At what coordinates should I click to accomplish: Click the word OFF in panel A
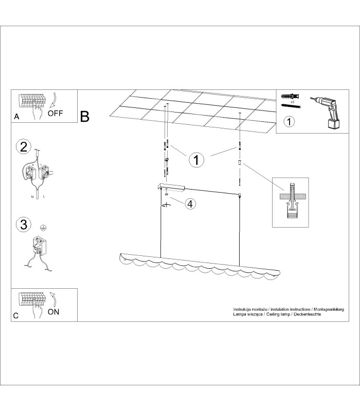point(55,113)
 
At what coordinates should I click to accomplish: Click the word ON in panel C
point(53,312)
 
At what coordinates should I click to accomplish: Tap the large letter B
point(85,117)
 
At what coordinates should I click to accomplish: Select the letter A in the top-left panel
point(16,117)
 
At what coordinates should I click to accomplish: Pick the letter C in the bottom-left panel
point(16,315)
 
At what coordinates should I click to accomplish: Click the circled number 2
point(24,147)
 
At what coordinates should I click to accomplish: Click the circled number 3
point(24,225)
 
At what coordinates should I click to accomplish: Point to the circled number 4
point(190,203)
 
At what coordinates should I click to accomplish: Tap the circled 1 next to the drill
point(289,122)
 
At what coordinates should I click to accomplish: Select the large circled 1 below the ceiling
point(196,160)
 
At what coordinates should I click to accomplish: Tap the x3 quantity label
point(292,101)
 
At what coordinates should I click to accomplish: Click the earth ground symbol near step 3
point(43,228)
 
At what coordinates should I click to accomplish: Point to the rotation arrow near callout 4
point(166,204)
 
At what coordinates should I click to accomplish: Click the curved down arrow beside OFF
point(53,100)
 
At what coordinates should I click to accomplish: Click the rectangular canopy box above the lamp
point(171,186)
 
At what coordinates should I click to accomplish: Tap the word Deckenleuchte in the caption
point(307,314)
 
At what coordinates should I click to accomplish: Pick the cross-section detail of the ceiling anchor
point(291,202)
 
